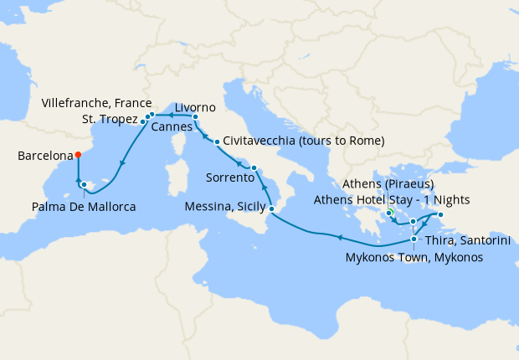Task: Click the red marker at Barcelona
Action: [77, 154]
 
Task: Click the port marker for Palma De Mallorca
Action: [84, 184]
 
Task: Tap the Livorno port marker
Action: [195, 117]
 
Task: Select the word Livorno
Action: [196, 107]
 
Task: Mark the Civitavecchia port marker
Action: [217, 141]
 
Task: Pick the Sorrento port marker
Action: [254, 168]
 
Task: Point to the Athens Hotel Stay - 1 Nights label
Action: [392, 199]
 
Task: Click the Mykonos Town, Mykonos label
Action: [414, 257]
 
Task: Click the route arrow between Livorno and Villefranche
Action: [171, 114]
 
